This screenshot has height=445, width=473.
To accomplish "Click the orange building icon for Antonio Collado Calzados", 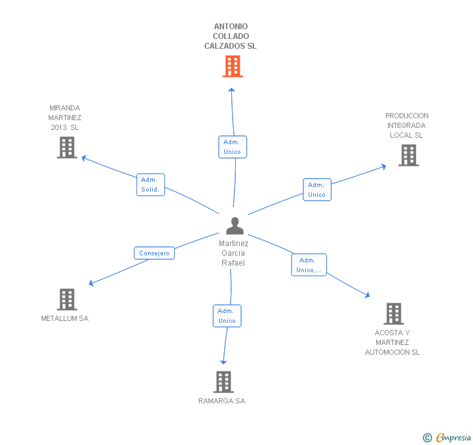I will (233, 66).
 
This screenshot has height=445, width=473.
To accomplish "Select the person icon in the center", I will (235, 225).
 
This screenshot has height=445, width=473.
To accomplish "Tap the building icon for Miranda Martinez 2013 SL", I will (67, 147).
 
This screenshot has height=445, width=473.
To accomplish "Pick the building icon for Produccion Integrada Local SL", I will (408, 155).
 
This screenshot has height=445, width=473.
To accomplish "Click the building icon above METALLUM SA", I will (67, 299).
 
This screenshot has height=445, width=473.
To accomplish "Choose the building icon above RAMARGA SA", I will (224, 382).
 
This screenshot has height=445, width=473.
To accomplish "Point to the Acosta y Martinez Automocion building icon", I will (393, 314).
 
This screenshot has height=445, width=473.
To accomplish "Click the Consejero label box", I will (154, 253).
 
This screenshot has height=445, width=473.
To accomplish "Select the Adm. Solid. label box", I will (150, 185).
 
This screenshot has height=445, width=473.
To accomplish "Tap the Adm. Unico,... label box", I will (309, 265).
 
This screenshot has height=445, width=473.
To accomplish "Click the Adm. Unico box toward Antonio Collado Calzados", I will (232, 147).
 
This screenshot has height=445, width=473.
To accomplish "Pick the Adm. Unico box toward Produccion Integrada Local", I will (316, 190).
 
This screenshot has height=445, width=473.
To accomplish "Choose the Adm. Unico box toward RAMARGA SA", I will (227, 316).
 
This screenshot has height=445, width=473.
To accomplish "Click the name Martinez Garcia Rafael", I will (233, 253).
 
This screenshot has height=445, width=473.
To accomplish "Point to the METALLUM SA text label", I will (65, 319).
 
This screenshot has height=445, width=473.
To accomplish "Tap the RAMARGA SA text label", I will (222, 401).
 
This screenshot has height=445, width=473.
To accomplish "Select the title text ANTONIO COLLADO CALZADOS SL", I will (231, 36).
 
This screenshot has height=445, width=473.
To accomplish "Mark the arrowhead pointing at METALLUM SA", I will (91, 283).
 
